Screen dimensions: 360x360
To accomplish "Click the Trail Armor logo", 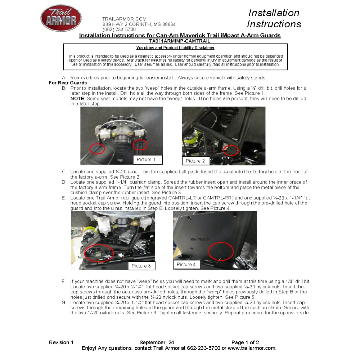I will (61, 18).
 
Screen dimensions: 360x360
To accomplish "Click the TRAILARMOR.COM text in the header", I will (124, 19).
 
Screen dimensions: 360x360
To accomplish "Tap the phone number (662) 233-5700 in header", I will (119, 30).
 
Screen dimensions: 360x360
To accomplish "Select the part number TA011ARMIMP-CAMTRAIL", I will (180, 41).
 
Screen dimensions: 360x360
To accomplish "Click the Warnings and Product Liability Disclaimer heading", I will (175, 48).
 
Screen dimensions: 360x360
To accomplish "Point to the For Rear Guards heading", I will (68, 83).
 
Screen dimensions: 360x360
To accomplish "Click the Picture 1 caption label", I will (147, 159).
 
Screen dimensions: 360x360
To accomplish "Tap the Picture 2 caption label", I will (195, 161).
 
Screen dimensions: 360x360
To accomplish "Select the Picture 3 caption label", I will (141, 266).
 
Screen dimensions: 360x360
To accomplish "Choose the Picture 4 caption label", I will (186, 265).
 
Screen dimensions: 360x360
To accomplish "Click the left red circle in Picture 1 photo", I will (97, 148).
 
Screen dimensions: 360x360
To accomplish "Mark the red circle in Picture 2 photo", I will (231, 150).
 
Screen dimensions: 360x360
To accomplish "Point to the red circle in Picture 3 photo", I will (99, 253).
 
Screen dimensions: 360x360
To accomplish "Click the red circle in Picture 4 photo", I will (221, 251).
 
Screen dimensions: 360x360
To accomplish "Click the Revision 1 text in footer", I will (61, 342).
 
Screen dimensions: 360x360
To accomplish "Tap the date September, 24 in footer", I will (157, 342).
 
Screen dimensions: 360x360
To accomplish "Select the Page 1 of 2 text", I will (245, 342).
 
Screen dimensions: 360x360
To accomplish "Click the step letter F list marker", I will (64, 282).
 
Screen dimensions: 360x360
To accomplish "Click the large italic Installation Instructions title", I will (274, 18).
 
